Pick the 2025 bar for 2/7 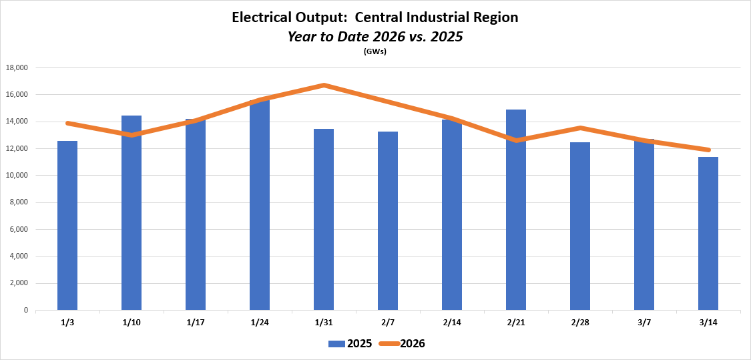pyautogui.click(x=388, y=220)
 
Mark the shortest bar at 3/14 pyautogui.click(x=708, y=233)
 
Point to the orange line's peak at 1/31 pyautogui.click(x=324, y=85)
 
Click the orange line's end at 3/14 pyautogui.click(x=708, y=150)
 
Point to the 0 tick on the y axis pyautogui.click(x=25, y=311)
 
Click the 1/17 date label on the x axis pyautogui.click(x=196, y=323)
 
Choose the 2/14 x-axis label pyautogui.click(x=452, y=323)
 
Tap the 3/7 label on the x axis pyautogui.click(x=644, y=323)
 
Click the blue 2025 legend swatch pyautogui.click(x=337, y=344)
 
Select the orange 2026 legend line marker pyautogui.click(x=389, y=344)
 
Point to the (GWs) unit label pyautogui.click(x=375, y=51)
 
